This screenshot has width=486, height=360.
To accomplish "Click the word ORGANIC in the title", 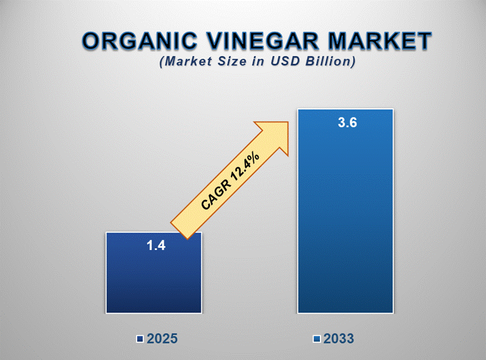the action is pyautogui.click(x=140, y=41).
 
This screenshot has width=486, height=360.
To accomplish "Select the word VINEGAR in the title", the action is pyautogui.click(x=263, y=41).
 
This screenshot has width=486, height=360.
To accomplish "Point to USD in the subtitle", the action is pyautogui.click(x=285, y=61).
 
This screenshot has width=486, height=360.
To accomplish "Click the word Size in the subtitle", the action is pyautogui.click(x=232, y=61).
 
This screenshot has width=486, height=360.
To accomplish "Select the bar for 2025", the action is pyautogui.click(x=154, y=273).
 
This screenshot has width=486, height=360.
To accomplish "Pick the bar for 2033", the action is pyautogui.click(x=345, y=211).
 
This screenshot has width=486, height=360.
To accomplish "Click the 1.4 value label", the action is pyautogui.click(x=156, y=245).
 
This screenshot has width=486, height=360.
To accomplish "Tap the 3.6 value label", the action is pyautogui.click(x=348, y=123).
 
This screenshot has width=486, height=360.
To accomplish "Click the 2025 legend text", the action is pyautogui.click(x=162, y=339).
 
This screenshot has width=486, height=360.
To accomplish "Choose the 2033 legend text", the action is pyautogui.click(x=338, y=339).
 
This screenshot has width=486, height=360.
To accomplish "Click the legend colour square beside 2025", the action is pyautogui.click(x=140, y=339).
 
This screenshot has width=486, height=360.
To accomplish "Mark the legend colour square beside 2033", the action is pyautogui.click(x=316, y=339).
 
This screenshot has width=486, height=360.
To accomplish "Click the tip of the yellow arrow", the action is pyautogui.click(x=288, y=122).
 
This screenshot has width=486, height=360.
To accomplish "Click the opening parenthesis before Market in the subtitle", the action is pyautogui.click(x=162, y=61).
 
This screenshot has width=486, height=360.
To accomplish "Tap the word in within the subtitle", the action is pyautogui.click(x=258, y=61).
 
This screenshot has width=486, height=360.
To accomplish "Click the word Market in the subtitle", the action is pyautogui.click(x=189, y=61).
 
